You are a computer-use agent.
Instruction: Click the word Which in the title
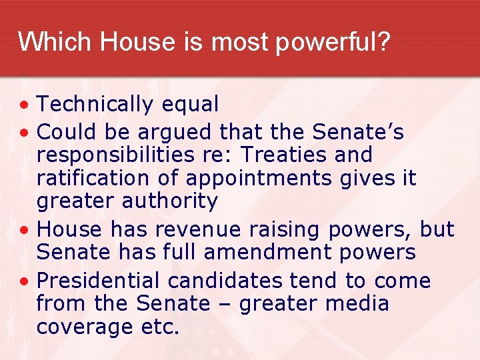pos(55,43)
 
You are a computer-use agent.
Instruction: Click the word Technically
pos(95,105)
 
